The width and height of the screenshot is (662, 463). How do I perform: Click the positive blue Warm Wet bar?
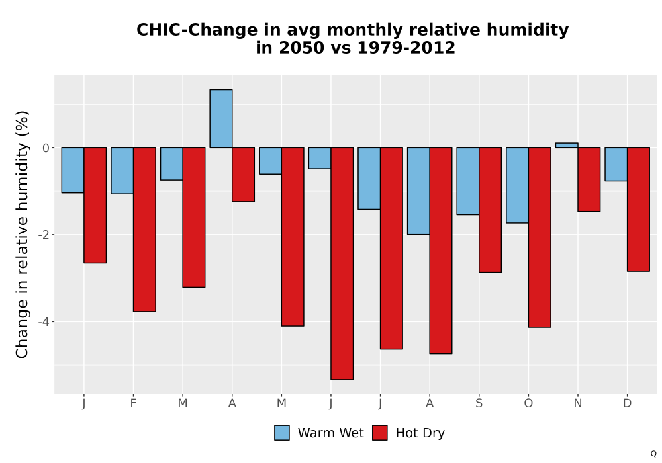[221, 118]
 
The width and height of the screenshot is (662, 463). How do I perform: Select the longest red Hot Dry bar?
[342, 263]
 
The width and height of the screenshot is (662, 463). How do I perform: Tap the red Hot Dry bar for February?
[144, 230]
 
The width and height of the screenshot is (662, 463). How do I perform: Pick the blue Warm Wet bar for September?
[468, 181]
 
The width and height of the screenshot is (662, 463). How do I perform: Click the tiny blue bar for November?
[567, 145]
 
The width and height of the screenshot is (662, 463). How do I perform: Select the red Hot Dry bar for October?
[540, 237]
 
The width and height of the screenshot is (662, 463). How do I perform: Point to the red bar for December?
[638, 209]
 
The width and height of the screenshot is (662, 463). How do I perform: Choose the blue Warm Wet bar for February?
[122, 171]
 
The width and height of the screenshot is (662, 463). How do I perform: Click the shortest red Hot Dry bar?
[243, 175]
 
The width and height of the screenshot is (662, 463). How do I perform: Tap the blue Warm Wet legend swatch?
[282, 433]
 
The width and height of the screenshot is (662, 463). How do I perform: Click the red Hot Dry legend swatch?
[380, 433]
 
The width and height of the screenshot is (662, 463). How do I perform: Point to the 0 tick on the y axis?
[46, 148]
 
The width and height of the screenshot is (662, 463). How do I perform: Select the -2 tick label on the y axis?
[44, 235]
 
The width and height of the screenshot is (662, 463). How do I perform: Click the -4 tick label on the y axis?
[44, 322]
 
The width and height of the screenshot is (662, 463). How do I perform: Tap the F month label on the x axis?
[134, 403]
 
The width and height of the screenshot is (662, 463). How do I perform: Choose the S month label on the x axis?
[479, 403]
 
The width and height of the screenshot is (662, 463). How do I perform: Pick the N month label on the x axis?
[577, 403]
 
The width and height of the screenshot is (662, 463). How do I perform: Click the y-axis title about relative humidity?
[22, 234]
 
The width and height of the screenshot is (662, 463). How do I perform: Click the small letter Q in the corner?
[653, 454]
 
